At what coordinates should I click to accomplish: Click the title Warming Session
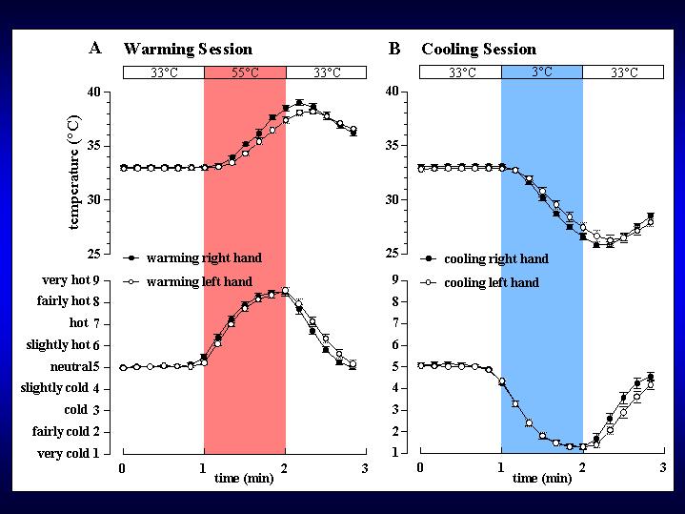tap(188, 49)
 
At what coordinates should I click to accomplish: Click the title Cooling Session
tap(478, 49)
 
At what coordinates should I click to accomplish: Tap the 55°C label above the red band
tap(245, 72)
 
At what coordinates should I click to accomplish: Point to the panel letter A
tap(95, 48)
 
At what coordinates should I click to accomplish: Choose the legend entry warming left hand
tap(198, 281)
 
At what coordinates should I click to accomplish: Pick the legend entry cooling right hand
tap(495, 258)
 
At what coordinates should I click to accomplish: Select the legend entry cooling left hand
tap(491, 282)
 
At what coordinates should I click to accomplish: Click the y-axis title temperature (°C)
tap(73, 173)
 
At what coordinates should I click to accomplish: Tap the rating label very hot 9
tap(68, 280)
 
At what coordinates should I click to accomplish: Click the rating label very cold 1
tap(68, 454)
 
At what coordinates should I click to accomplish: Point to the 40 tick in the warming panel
tap(93, 93)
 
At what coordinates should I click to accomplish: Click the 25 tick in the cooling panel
tap(392, 254)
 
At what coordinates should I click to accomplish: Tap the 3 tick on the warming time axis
tap(366, 469)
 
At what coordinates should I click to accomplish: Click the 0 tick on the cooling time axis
tap(420, 469)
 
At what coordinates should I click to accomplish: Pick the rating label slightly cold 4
tap(60, 388)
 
